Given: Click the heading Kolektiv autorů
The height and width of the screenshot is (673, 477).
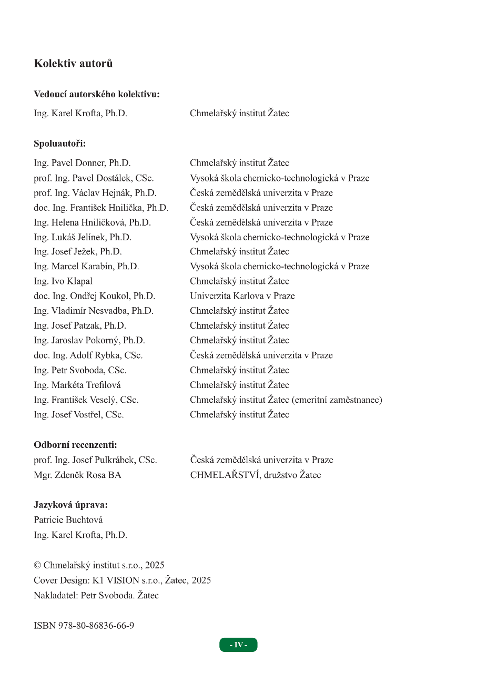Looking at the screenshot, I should tap(73, 64).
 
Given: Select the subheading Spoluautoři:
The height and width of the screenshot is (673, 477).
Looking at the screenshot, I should tap(59, 143).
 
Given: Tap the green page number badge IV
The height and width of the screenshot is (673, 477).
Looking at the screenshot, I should tap(238, 645).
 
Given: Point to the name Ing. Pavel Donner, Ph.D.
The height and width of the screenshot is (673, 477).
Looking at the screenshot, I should tap(82, 163).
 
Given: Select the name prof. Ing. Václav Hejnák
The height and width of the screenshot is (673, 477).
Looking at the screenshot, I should tap(95, 193).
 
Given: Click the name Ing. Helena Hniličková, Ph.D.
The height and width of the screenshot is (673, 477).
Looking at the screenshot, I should tap(92, 222).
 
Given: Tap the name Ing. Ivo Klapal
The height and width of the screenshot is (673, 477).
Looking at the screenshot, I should tap(63, 281).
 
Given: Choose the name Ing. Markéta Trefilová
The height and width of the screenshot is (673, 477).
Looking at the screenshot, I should tap(77, 385).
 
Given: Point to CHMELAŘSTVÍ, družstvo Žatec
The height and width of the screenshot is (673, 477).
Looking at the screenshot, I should tap(255, 475).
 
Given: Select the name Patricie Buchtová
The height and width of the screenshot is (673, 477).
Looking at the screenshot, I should tap(68, 520).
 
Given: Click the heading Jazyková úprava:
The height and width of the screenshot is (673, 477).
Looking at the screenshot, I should tap(70, 505).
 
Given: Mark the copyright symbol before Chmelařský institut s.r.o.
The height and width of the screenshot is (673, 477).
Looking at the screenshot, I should tap(37, 566).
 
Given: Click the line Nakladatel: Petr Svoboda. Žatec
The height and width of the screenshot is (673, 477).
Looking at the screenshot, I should tap(96, 596).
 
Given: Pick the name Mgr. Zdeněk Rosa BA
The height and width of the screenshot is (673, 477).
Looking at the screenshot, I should tap(77, 475).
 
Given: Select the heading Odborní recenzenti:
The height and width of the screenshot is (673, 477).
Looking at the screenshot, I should tap(75, 445).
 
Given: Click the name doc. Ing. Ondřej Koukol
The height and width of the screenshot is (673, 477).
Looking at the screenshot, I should tap(94, 296).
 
